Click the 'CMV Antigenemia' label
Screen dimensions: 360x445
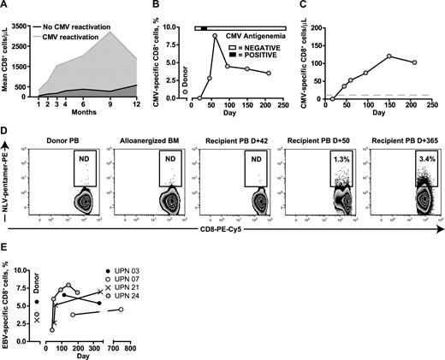click(x=256, y=37)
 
